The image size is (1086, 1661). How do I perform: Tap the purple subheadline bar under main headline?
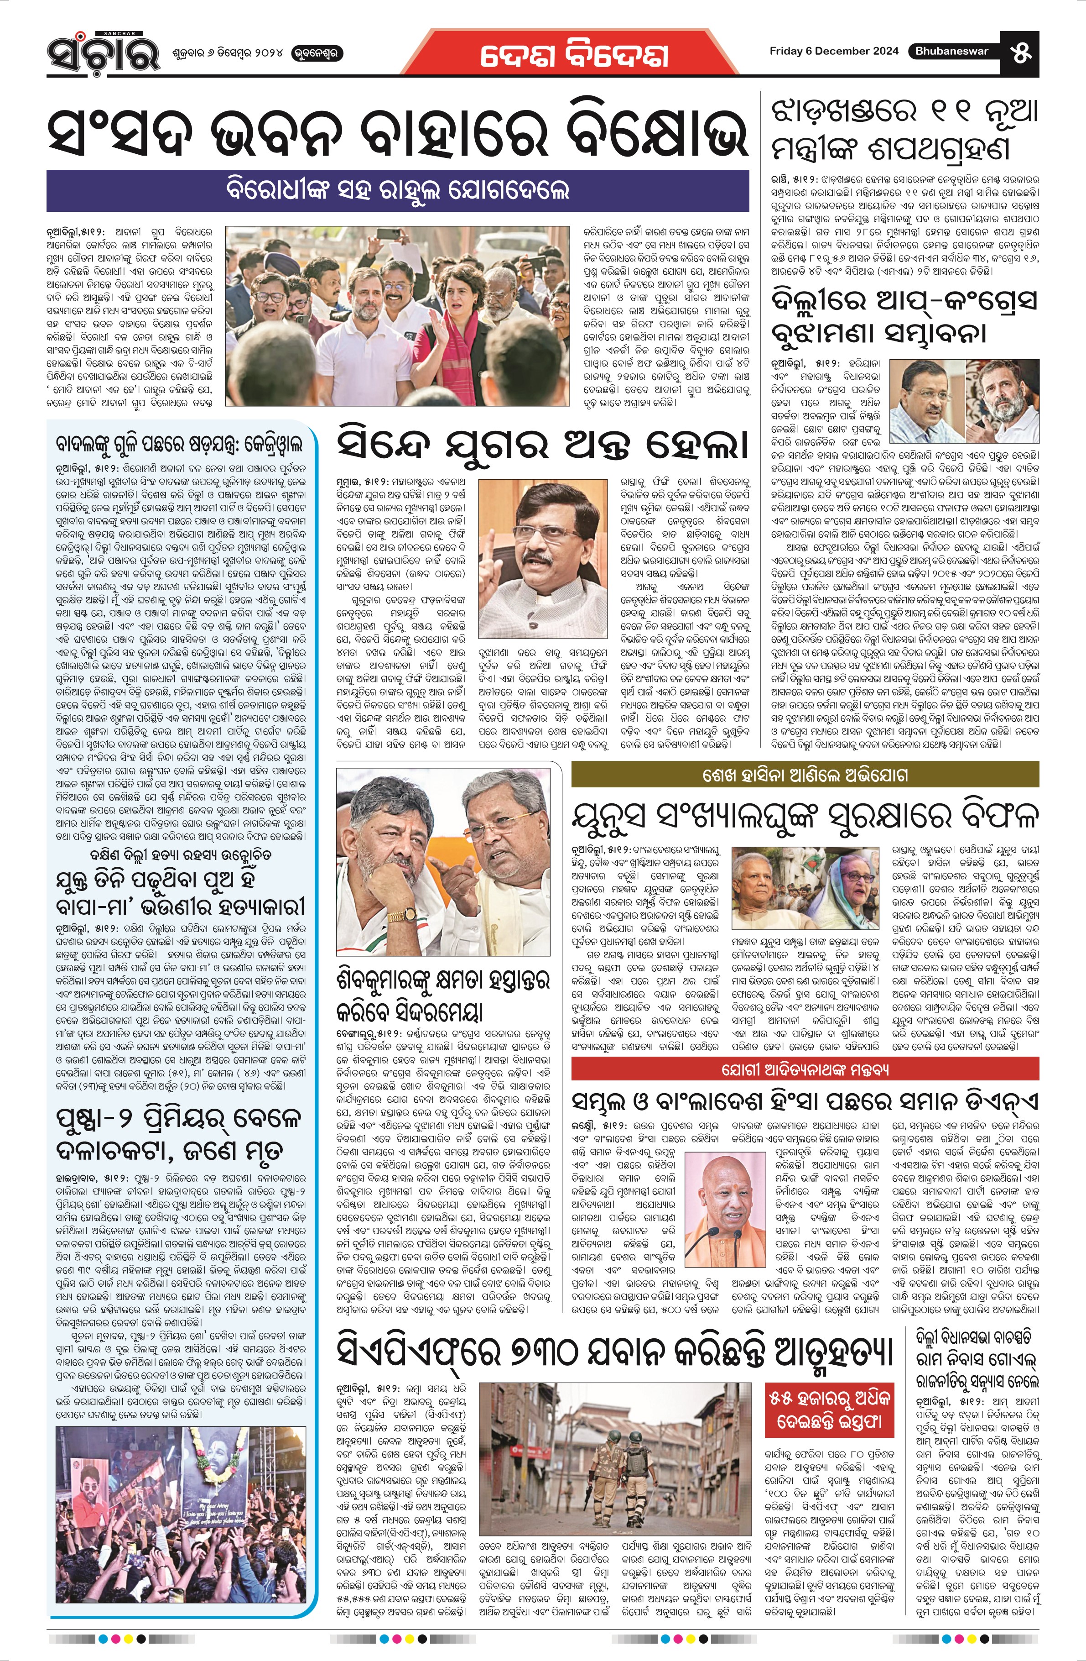pyautogui.click(x=398, y=190)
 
